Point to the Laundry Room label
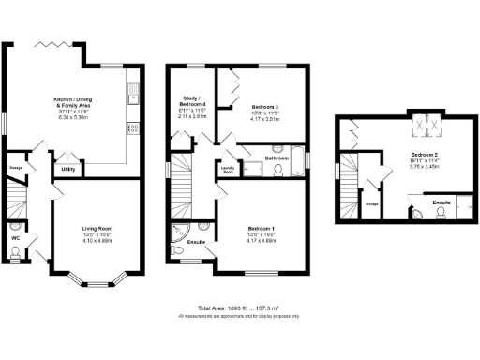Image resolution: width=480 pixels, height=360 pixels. (228, 171)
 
